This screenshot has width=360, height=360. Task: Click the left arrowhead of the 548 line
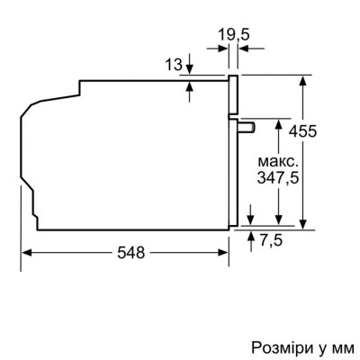pyautogui.click(x=24, y=255)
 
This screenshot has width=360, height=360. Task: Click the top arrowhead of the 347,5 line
pyautogui.click(x=281, y=121)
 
